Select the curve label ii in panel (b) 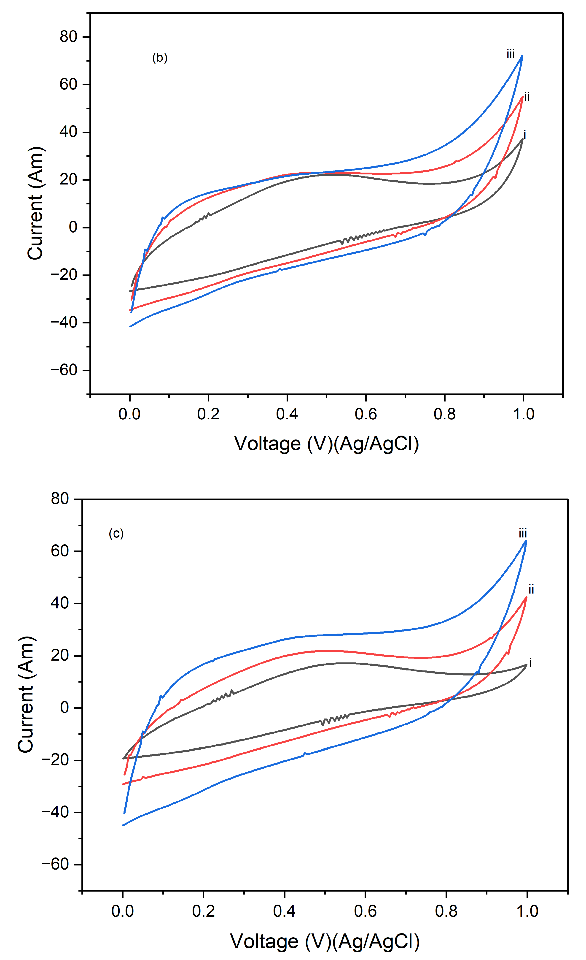(x=527, y=97)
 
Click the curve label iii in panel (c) (x=523, y=533)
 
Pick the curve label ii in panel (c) (x=531, y=589)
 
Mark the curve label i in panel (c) (x=530, y=663)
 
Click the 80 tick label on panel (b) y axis (x=69, y=37)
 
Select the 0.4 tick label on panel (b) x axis (x=287, y=414)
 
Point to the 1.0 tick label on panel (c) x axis (x=527, y=911)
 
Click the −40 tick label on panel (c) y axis (x=55, y=812)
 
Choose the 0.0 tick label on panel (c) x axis (x=123, y=911)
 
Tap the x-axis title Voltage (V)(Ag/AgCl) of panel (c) (x=325, y=941)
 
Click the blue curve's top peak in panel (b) (x=522, y=56)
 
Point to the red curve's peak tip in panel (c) (x=527, y=597)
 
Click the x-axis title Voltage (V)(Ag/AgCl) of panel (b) (x=326, y=444)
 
